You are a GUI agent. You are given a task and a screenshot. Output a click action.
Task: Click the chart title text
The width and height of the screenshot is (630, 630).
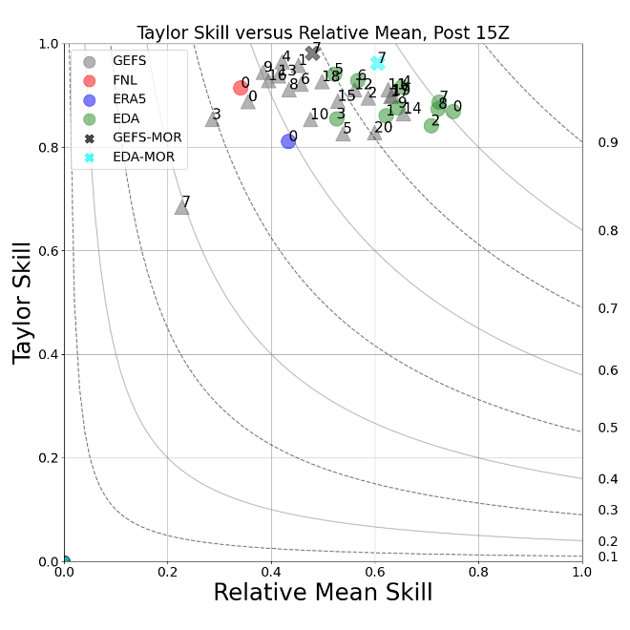click(x=323, y=32)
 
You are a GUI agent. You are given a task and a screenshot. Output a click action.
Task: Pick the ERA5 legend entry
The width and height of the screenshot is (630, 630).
click(x=115, y=100)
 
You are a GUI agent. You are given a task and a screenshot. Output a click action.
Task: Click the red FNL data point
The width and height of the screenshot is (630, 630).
click(x=241, y=88)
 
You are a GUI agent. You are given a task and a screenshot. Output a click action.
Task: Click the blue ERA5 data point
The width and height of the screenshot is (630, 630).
click(x=288, y=141)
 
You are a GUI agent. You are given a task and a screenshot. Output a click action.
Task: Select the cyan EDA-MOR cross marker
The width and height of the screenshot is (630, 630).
click(x=378, y=62)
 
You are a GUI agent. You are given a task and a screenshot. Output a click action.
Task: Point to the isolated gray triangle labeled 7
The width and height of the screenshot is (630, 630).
click(x=181, y=206)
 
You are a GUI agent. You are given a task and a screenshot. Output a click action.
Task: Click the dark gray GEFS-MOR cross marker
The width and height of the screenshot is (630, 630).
click(x=312, y=52)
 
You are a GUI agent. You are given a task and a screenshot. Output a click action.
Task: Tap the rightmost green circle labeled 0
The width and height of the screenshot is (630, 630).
click(x=452, y=111)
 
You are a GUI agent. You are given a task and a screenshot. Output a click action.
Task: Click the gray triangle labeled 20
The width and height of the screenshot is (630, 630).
click(x=374, y=133)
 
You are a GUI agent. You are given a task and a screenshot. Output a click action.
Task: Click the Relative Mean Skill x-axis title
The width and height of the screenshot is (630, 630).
click(x=323, y=593)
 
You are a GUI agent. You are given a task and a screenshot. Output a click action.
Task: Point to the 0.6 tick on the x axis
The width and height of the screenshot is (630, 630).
click(x=375, y=573)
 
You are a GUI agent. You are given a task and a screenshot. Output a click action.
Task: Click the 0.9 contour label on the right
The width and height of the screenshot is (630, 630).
click(x=607, y=142)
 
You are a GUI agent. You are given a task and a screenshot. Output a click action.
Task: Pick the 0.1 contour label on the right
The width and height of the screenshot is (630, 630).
click(x=607, y=556)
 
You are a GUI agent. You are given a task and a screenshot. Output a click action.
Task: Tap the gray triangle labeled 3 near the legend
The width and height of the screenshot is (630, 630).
click(x=212, y=119)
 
